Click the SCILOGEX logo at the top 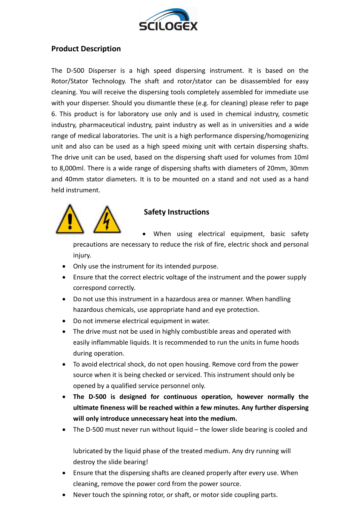[x=168, y=20]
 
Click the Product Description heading [x=86, y=49]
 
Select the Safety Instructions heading [x=176, y=212]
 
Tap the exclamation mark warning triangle [x=70, y=220]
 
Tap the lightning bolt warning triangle [x=107, y=220]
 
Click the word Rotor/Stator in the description [x=69, y=81]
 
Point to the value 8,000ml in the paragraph [x=71, y=168]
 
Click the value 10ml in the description [x=301, y=157]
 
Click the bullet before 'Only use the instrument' [x=64, y=266]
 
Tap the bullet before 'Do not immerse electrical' [x=64, y=321]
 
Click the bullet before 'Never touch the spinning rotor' [x=64, y=495]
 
